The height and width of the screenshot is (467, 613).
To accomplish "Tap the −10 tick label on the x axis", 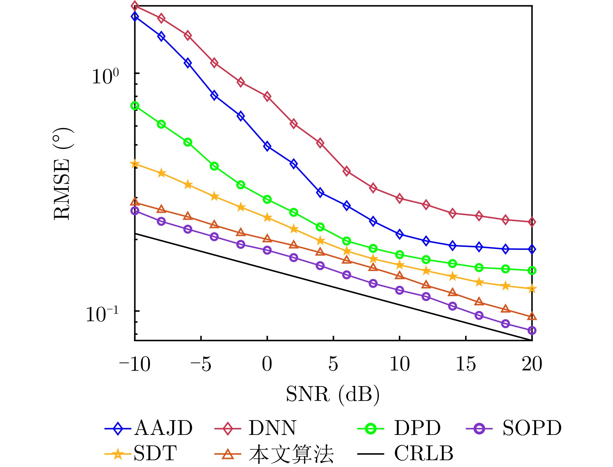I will pos(135,364).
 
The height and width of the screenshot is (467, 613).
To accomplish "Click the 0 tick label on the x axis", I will pos(267,364).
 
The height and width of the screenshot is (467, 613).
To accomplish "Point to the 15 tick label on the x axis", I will pos(466,364).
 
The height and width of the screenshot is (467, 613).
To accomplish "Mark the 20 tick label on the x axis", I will pos(532,364).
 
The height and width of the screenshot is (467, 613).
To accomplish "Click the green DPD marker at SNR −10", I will pos(135,106).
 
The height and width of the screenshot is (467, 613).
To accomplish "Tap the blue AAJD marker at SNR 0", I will pos(267,146).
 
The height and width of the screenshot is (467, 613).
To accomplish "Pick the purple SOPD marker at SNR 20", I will pos(532,331).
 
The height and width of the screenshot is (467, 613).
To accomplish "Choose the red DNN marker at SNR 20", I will pos(532,222).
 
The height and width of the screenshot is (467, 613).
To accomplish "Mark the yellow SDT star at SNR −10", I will pos(135,164).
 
